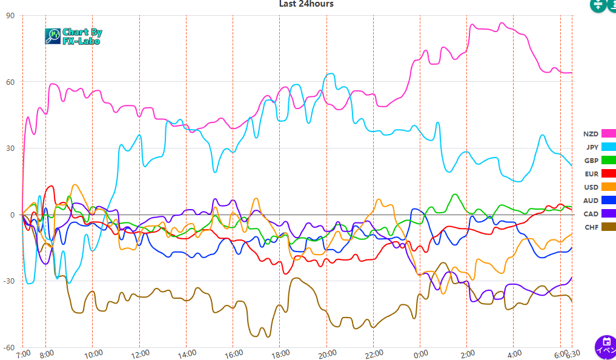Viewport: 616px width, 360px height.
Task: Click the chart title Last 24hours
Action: [x=306, y=4]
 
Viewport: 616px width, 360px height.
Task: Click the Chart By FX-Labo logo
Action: [x=74, y=36]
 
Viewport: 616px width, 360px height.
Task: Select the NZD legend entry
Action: [x=599, y=134]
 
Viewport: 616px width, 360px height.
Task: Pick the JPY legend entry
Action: [x=600, y=147]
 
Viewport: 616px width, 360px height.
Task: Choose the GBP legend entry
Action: [x=599, y=161]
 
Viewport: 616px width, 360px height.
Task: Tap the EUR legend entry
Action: [x=599, y=174]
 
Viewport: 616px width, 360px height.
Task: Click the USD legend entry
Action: [x=599, y=187]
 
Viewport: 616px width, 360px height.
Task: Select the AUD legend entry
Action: [x=599, y=201]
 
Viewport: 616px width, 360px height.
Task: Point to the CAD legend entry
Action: [x=599, y=214]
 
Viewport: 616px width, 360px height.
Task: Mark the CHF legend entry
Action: [x=600, y=227]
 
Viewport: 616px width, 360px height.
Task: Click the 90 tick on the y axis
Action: [x=10, y=16]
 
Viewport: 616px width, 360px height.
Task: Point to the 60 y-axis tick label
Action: [x=10, y=82]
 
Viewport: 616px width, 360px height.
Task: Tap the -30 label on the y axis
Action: [x=9, y=281]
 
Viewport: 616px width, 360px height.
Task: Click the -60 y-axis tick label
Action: [x=9, y=347]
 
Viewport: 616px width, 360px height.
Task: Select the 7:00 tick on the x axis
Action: [x=22, y=354]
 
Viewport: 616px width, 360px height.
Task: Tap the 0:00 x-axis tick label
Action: [x=420, y=354]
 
